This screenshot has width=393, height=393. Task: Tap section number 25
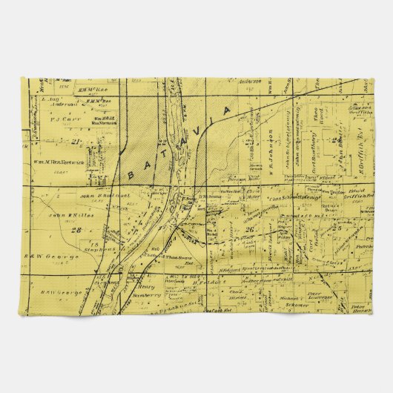[x=337, y=228]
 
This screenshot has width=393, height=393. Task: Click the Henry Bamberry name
[x=150, y=291]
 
